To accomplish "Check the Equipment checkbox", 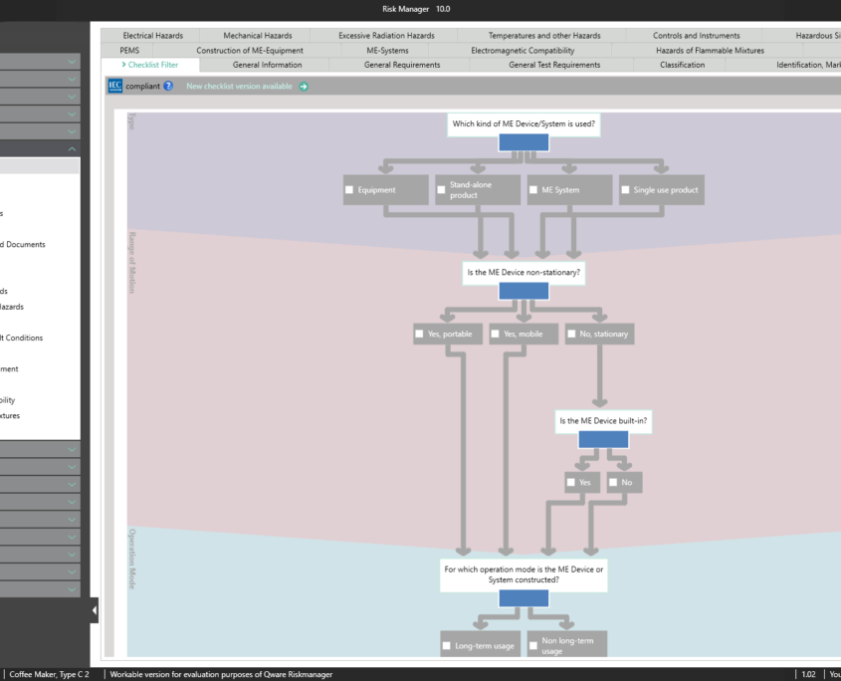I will pyautogui.click(x=349, y=190).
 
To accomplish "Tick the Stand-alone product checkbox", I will pyautogui.click(x=441, y=190).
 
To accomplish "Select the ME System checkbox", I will pyautogui.click(x=533, y=190).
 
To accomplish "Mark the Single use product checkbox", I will pyautogui.click(x=625, y=190).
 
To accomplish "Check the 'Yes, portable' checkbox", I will pyautogui.click(x=420, y=335).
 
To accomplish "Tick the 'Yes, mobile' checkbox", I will pyautogui.click(x=496, y=335).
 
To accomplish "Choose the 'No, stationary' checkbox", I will pyautogui.click(x=571, y=335).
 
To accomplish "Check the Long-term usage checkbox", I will pyautogui.click(x=447, y=646).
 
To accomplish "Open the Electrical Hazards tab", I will pyautogui.click(x=153, y=36).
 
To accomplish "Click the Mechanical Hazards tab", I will pyautogui.click(x=258, y=36).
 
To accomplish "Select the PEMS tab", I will pyautogui.click(x=129, y=50).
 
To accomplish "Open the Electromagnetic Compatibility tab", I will pyautogui.click(x=523, y=50).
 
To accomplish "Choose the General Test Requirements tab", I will pyautogui.click(x=554, y=65).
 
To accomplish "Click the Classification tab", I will pyautogui.click(x=682, y=65).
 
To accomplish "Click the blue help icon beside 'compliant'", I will pyautogui.click(x=168, y=87).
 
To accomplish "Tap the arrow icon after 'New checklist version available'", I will pyautogui.click(x=304, y=87).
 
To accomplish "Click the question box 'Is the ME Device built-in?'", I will pyautogui.click(x=603, y=420).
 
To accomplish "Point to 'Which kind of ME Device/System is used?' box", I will pyautogui.click(x=524, y=124).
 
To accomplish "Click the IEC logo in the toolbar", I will pyautogui.click(x=115, y=87).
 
